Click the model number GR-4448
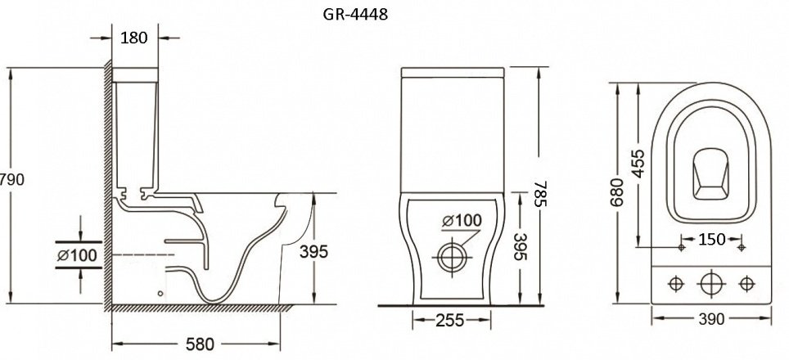(355, 15)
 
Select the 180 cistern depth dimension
(134, 37)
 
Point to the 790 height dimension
(12, 179)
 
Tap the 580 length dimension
(200, 344)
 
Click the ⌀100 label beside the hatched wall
(76, 255)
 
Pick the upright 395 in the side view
(313, 251)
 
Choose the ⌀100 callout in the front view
(462, 220)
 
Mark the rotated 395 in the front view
(519, 246)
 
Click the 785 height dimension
(539, 194)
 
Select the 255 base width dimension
(450, 320)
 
